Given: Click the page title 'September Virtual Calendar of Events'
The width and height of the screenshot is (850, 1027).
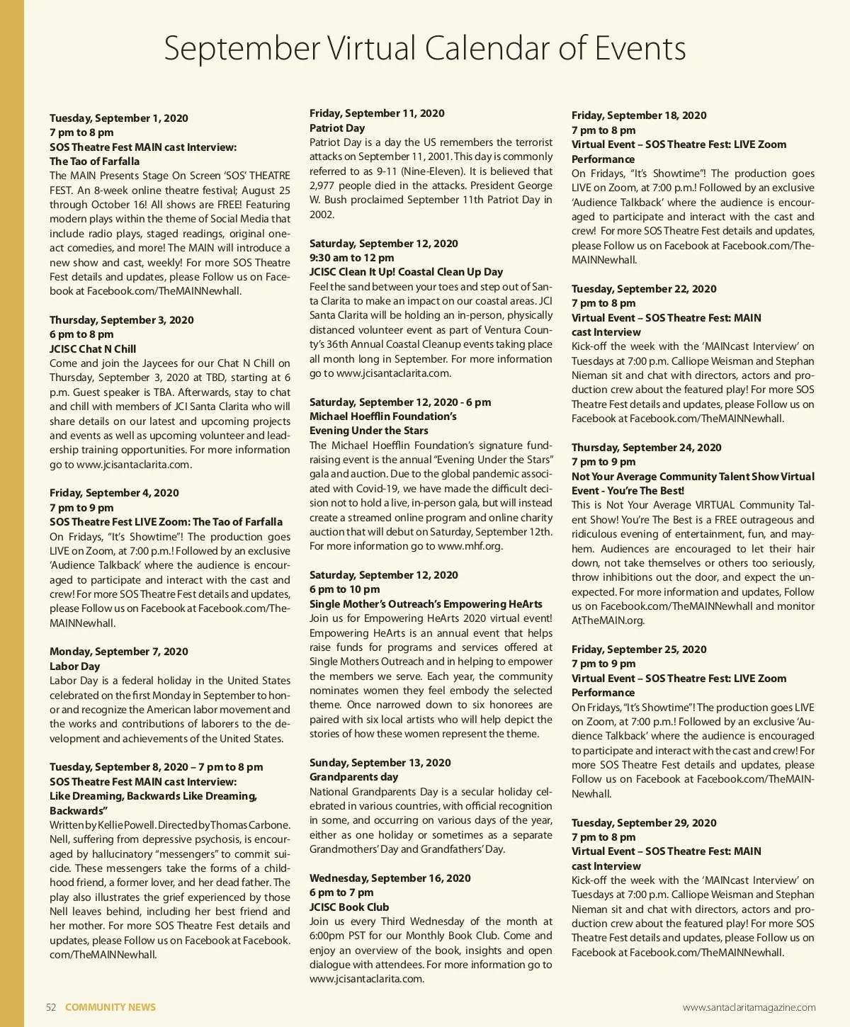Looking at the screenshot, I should (425, 48).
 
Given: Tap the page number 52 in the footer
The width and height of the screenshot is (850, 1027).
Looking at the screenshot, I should (51, 1007).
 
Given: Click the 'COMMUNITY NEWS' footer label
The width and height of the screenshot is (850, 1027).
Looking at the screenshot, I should (110, 1007).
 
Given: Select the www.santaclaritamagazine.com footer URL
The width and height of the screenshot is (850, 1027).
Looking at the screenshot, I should (749, 1007).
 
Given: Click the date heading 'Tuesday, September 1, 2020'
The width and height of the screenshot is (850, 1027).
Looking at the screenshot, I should (119, 118).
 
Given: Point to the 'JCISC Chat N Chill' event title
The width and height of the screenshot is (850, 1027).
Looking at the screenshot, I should (93, 348).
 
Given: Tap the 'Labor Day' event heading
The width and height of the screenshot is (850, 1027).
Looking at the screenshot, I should (75, 666).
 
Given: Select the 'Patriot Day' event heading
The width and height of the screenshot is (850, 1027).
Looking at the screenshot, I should (337, 128).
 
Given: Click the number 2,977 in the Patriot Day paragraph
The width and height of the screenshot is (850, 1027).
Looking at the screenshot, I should (324, 186).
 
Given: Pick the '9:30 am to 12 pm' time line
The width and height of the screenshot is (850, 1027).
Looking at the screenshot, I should (352, 258).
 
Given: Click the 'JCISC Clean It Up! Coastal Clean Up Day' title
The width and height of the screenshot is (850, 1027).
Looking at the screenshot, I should (406, 272).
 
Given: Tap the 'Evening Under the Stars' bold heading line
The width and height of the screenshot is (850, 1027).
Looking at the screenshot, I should (369, 431).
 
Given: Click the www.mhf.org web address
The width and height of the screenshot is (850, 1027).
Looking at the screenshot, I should (470, 546).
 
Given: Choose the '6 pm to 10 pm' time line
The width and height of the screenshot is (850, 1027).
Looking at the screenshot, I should (345, 589).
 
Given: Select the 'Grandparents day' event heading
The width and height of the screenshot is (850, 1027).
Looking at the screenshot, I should (354, 777).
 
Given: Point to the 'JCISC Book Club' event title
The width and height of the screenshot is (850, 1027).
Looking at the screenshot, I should (349, 907).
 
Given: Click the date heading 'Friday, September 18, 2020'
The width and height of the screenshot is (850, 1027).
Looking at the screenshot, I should (639, 115).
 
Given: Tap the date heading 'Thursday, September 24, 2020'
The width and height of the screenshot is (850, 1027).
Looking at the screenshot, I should (647, 448).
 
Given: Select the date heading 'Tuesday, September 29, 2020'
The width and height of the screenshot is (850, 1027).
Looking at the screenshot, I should (644, 823).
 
